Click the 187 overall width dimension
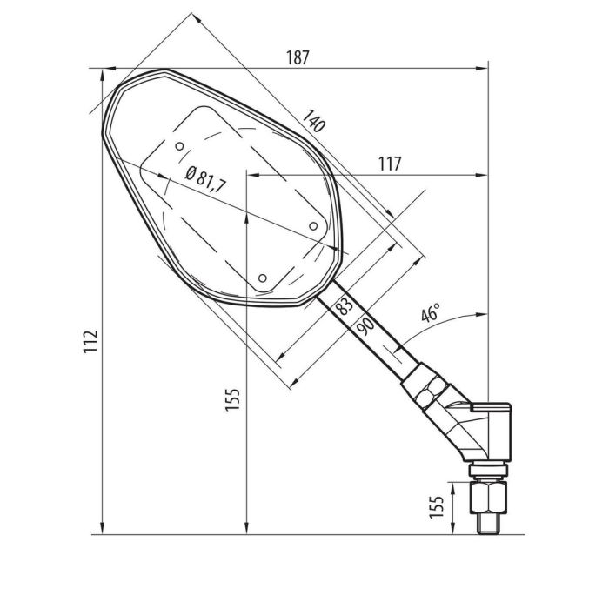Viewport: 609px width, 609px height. (298, 57)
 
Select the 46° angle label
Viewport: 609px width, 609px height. (430, 315)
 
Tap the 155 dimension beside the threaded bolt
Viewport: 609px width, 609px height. (438, 504)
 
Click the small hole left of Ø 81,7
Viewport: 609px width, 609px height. (178, 145)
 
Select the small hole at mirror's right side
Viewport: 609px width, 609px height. (313, 225)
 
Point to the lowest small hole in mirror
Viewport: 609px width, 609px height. (263, 278)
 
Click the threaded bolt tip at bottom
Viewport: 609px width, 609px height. (488, 523)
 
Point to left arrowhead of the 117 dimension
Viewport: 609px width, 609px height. (251, 175)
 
